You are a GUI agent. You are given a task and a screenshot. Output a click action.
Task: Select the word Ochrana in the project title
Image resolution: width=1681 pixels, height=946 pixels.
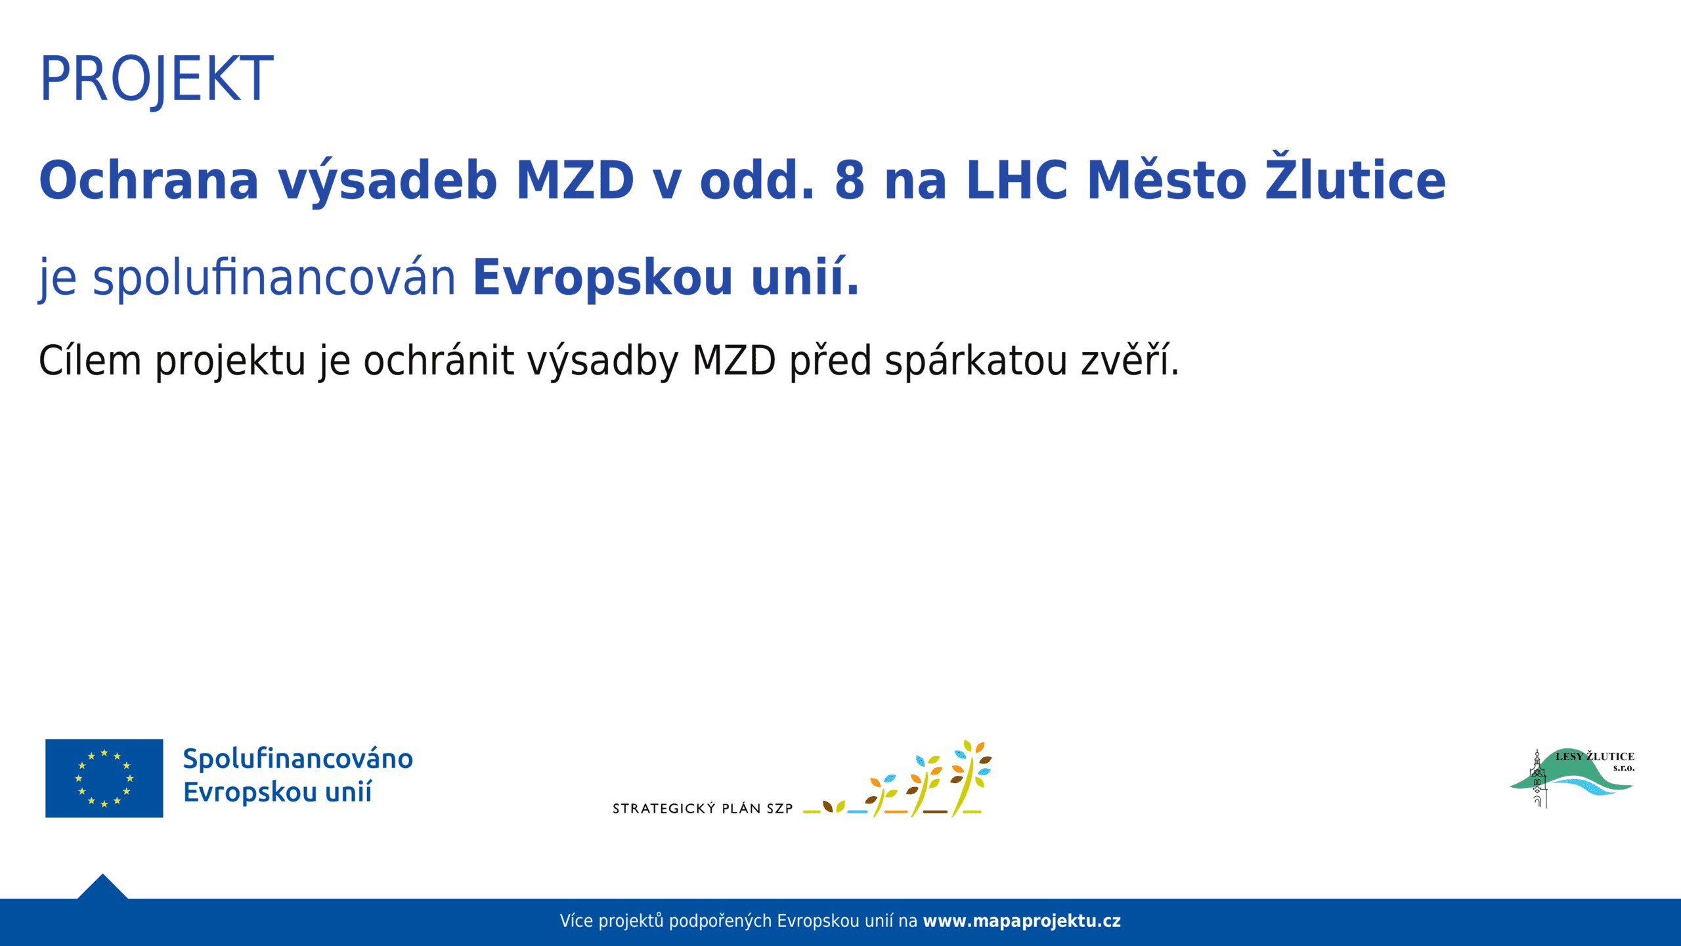point(149,180)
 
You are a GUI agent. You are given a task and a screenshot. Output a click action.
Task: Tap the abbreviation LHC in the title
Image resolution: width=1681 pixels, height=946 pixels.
point(1017,180)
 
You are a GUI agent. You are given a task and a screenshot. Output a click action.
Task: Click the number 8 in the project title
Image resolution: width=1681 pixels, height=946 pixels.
point(850,180)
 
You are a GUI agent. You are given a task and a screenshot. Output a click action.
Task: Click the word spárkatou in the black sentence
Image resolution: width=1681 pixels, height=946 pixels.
point(976,361)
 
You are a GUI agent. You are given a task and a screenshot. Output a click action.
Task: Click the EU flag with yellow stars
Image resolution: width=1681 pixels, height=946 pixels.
point(104,778)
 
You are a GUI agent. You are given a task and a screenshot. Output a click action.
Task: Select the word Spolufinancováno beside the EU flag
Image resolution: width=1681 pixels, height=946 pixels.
point(298,759)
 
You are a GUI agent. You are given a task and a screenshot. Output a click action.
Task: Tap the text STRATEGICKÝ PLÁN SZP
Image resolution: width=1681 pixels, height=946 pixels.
point(703,809)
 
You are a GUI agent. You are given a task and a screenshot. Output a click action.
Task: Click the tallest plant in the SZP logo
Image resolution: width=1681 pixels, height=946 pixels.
point(971,778)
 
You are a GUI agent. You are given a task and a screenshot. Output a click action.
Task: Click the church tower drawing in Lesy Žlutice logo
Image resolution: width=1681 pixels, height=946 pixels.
point(1538,779)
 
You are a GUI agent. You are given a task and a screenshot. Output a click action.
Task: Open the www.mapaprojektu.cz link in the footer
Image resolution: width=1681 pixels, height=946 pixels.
point(1022,921)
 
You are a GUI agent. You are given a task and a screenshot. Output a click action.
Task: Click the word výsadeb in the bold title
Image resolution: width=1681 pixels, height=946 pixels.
point(387,180)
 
